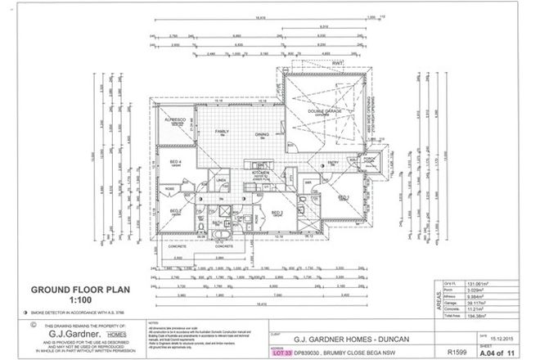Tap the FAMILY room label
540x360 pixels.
click(221, 131)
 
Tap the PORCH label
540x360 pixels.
click(369, 159)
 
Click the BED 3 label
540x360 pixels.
click(277, 213)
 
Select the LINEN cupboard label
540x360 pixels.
click(220, 175)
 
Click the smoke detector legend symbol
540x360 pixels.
click(33, 313)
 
